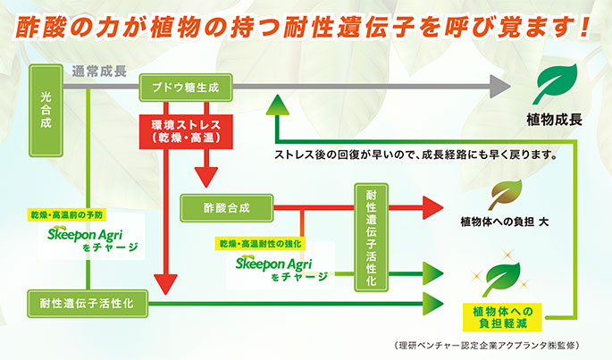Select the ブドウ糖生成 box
(x=186, y=88)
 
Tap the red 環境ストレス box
(x=185, y=130)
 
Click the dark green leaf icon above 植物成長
(x=555, y=85)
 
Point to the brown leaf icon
(x=507, y=193)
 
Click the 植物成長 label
(x=555, y=119)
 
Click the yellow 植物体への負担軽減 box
(x=507, y=315)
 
